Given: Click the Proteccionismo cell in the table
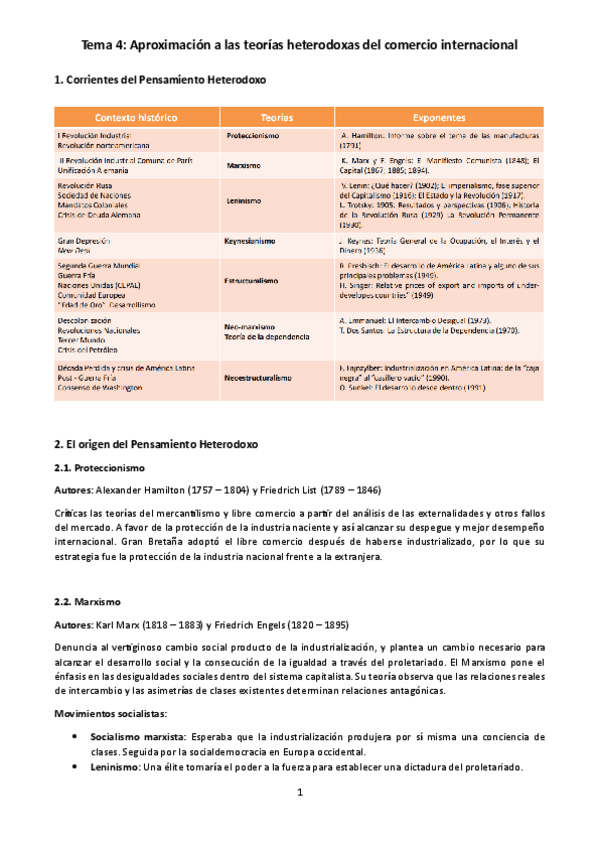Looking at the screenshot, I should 252,135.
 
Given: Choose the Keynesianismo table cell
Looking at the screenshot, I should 257,241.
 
